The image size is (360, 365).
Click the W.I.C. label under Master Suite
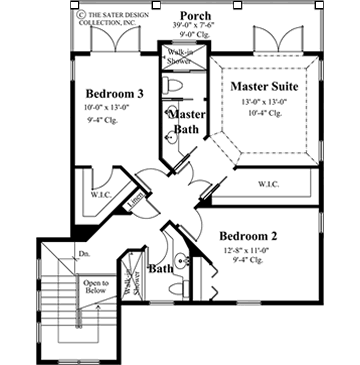[x=268, y=183]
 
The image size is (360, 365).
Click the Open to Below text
[x=96, y=287]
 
